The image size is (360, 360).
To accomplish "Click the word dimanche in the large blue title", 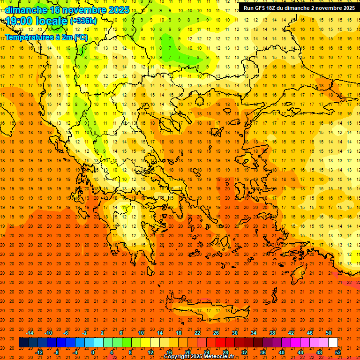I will coord(26,10).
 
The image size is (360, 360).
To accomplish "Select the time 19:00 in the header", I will coord(19,21).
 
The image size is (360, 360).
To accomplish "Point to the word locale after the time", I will coord(51,21).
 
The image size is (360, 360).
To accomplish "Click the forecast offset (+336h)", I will coord(83,21).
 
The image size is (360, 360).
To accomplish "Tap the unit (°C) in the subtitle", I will coord(81,37).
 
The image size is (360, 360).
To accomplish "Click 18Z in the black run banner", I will coord(272,8).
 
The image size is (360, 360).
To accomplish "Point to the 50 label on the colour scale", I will coord(329,333).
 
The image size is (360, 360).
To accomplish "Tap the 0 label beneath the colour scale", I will coord(93,352).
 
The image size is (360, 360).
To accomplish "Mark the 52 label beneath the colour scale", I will coord(338,352).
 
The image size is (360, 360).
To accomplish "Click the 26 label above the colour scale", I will coord(216,333).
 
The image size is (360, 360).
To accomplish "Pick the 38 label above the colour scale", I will coord(272,333).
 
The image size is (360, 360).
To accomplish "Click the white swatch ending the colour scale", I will coord(333,343).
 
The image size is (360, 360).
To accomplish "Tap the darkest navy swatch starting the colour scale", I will coord(23,343).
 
